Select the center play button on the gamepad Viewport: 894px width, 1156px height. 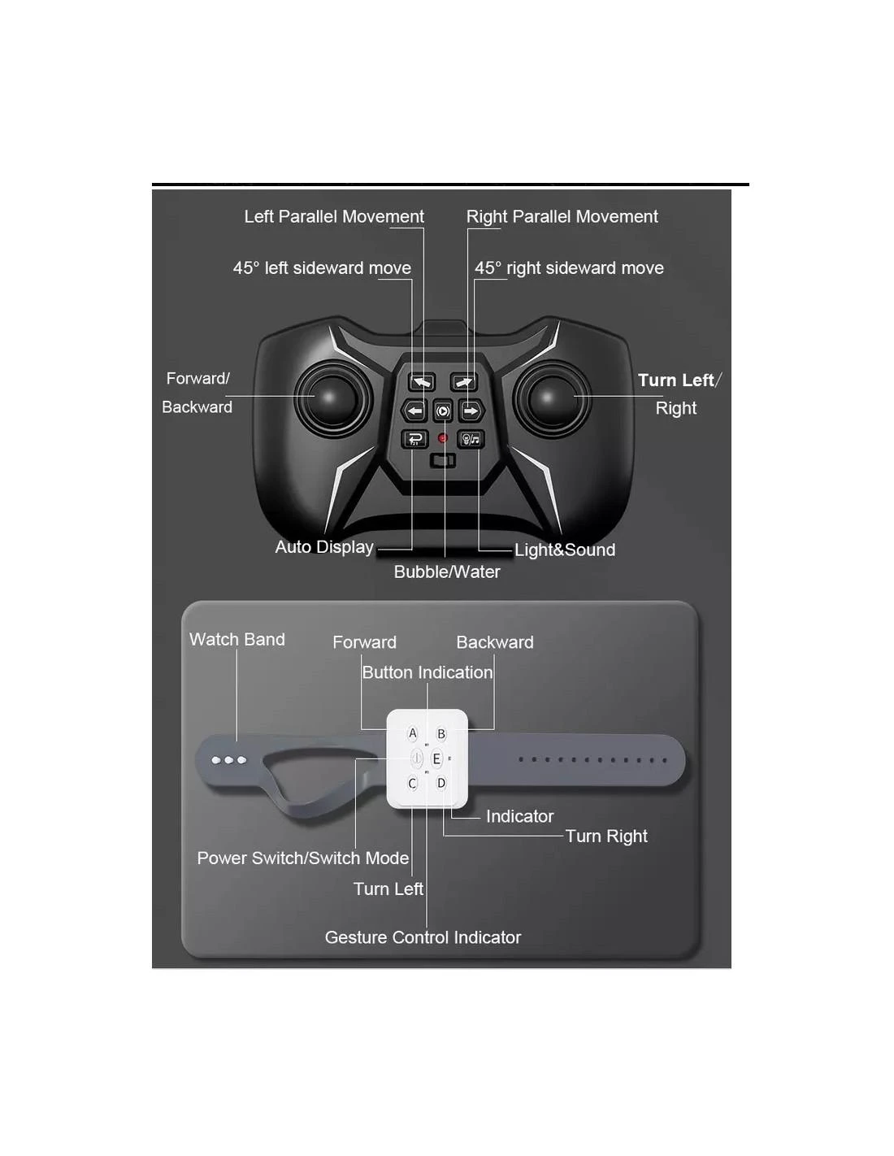click(442, 411)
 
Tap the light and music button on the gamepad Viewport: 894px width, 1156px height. click(471, 440)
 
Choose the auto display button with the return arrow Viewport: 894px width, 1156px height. click(414, 440)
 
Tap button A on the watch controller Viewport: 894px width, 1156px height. click(412, 734)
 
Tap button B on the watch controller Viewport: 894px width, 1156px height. click(440, 734)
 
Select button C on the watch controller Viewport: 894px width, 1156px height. click(412, 784)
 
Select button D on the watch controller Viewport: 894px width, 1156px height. click(440, 784)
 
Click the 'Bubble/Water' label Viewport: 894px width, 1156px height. click(447, 572)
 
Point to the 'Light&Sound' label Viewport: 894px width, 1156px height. click(565, 550)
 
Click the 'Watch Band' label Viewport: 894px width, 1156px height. click(237, 640)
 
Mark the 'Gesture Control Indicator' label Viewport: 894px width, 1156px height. click(423, 937)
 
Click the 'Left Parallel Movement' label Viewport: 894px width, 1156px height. click(334, 216)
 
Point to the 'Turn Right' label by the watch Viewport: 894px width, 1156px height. click(606, 837)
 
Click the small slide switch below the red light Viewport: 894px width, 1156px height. click(442, 461)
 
